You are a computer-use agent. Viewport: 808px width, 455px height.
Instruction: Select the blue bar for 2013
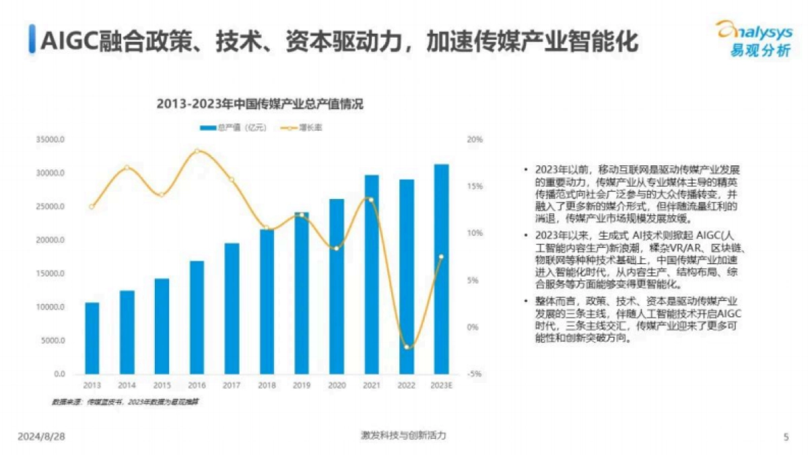tap(92, 338)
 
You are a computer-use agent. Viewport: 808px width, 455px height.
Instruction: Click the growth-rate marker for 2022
tap(406, 347)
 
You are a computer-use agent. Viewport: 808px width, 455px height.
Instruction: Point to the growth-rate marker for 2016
tap(197, 151)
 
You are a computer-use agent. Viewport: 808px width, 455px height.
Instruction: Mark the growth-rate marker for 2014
tap(127, 167)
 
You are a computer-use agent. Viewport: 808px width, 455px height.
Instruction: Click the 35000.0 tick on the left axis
tap(51, 140)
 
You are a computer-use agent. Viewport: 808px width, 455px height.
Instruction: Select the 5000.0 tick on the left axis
tap(53, 340)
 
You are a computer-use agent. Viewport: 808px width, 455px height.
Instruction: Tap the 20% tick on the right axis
tap(475, 140)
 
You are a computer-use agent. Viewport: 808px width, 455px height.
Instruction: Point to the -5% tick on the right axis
tap(474, 374)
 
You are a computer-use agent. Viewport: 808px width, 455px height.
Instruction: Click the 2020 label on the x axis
tap(336, 385)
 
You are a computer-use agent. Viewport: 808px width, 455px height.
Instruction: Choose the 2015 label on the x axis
tap(162, 385)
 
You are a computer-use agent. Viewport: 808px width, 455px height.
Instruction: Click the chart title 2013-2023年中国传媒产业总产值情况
tap(259, 104)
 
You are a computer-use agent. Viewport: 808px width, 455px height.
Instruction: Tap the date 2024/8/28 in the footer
tap(42, 436)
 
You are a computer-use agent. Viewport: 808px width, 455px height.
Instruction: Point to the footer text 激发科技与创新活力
tap(403, 436)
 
